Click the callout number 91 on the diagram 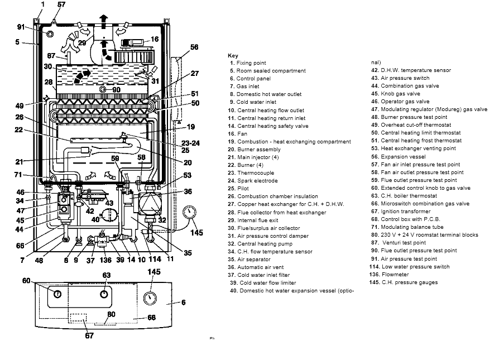(x=21, y=26)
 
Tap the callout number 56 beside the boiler (x=194, y=48)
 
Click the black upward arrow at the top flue (x=103, y=19)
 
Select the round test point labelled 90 (x=103, y=89)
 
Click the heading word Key (x=233, y=56)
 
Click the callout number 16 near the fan (x=155, y=40)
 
